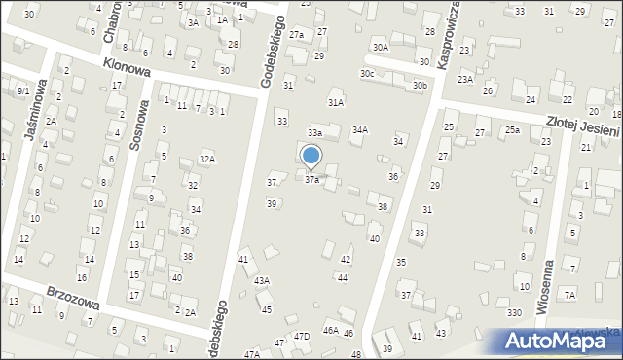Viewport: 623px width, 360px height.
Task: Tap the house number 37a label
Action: [x=311, y=180]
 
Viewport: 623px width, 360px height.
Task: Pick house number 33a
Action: [x=314, y=132]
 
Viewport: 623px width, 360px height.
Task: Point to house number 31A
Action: [x=336, y=102]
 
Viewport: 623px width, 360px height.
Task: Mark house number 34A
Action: [x=360, y=129]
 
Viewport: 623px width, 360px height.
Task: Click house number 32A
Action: [x=206, y=159]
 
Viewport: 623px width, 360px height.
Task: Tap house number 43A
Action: [x=261, y=280]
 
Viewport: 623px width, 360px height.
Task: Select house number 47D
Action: [x=302, y=336]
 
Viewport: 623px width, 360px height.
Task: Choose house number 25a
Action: [x=512, y=130]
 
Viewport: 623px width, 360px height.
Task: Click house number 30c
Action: [x=367, y=73]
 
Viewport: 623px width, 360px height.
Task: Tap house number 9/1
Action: [x=21, y=90]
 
